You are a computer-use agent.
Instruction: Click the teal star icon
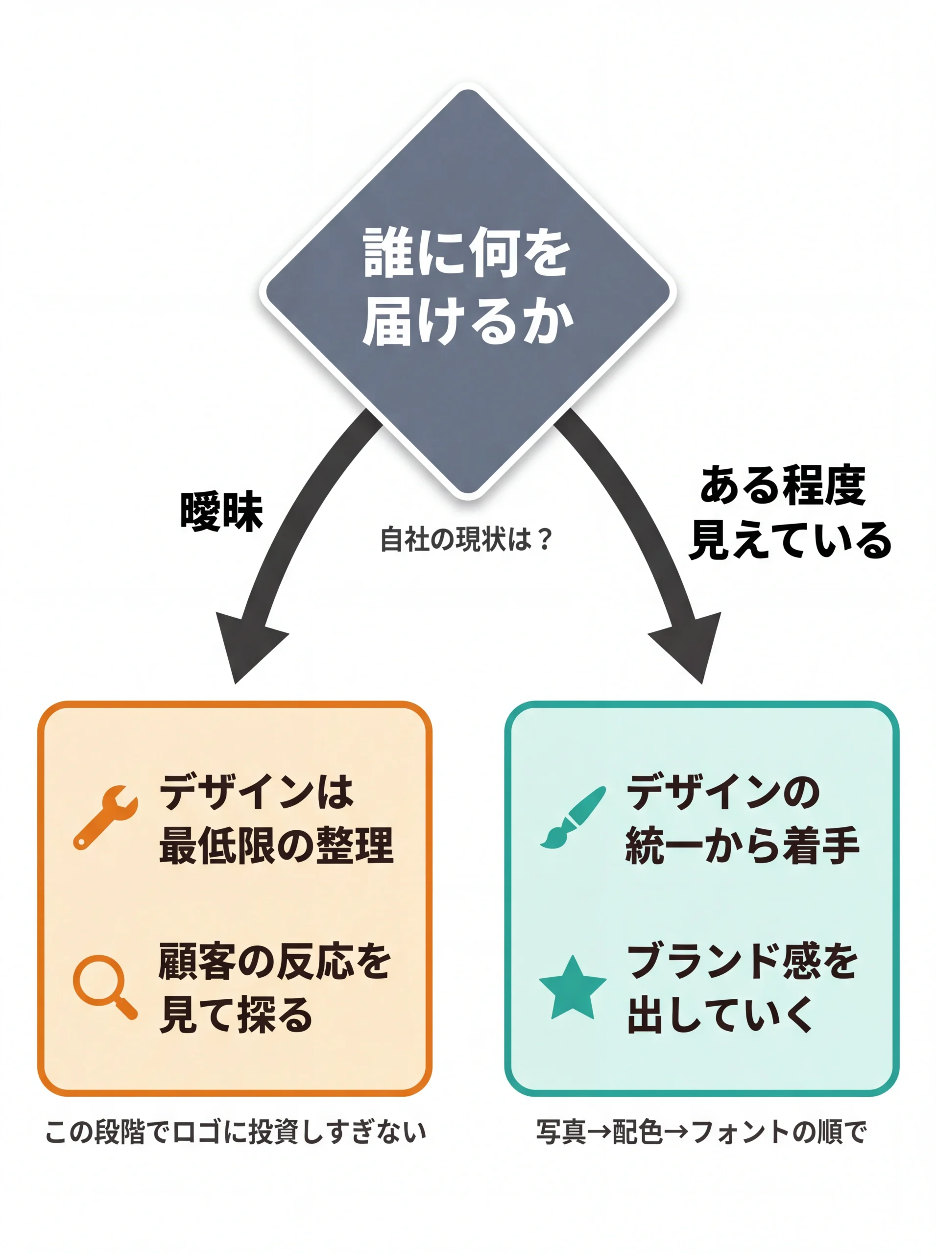(572, 989)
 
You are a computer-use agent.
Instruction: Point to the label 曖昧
(221, 512)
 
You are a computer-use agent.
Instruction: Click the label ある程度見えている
(789, 513)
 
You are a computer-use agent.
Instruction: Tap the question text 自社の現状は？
(466, 539)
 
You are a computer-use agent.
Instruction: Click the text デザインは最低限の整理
(276, 819)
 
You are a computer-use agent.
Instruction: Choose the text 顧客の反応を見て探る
(274, 989)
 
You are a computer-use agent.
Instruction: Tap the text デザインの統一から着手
(742, 819)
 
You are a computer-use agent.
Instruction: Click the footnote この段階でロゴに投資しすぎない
(235, 1132)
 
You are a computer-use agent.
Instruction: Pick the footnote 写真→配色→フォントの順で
(701, 1132)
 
